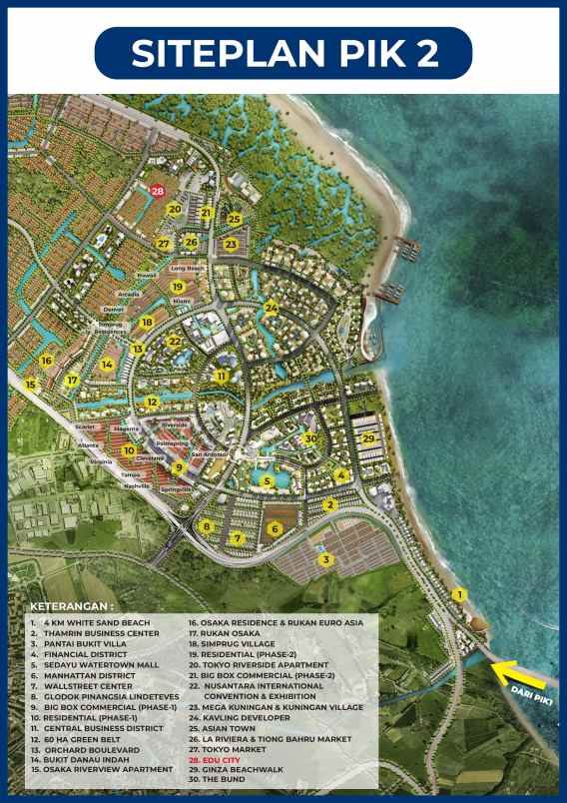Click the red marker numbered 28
click(x=157, y=190)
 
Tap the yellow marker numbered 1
click(x=459, y=594)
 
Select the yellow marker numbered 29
click(x=368, y=438)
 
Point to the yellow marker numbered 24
click(x=271, y=309)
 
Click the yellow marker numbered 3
click(x=325, y=559)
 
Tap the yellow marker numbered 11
click(x=222, y=376)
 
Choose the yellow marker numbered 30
click(x=310, y=438)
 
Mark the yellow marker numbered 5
click(x=267, y=481)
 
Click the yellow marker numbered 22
click(x=175, y=342)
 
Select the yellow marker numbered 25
click(x=234, y=219)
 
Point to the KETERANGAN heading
click(x=72, y=606)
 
